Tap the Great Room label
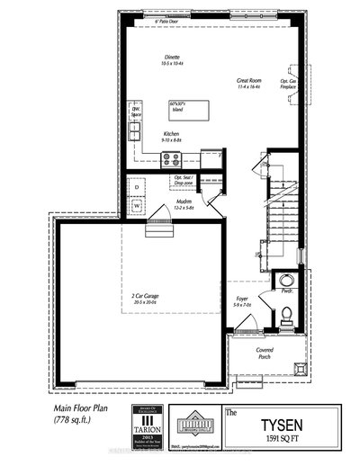point(249,83)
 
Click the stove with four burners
point(172,159)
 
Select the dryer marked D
point(137,189)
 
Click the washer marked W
point(137,206)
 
